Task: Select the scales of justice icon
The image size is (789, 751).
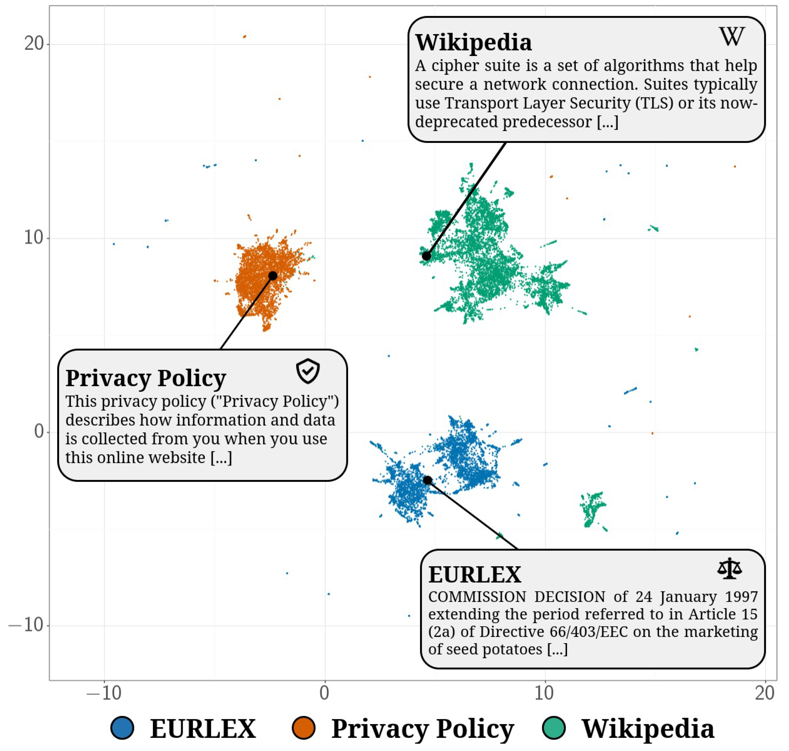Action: [729, 568]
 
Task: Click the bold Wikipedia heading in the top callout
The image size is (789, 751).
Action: [473, 42]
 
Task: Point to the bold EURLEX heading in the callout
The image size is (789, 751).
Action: [475, 575]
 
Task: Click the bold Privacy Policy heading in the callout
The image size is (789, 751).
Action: [146, 378]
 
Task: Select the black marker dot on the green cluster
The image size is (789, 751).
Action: [426, 256]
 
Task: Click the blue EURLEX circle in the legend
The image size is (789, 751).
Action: [122, 728]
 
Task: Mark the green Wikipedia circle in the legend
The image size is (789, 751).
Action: [554, 728]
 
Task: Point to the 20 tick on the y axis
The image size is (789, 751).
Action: [34, 43]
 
